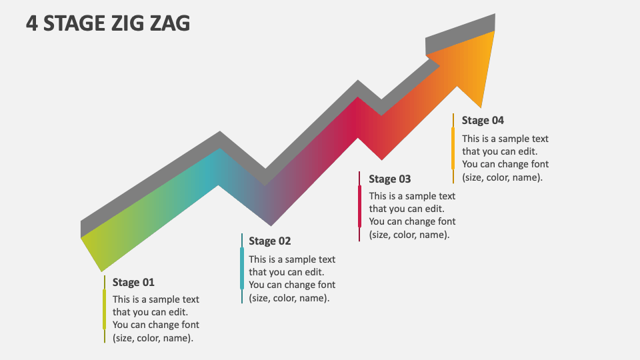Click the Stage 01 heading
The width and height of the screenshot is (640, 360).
click(133, 282)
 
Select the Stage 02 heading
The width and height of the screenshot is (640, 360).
click(270, 241)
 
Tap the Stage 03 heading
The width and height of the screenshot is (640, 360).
click(390, 179)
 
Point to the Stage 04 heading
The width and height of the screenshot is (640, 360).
click(483, 120)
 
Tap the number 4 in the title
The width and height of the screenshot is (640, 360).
click(31, 23)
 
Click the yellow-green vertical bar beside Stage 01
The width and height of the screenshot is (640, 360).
click(104, 309)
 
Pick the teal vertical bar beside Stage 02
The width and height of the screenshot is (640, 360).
click(241, 268)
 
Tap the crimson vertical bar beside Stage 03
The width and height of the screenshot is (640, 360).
click(359, 206)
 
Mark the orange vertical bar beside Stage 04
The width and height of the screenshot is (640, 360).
click(453, 148)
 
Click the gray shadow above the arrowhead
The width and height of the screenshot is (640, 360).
click(460, 33)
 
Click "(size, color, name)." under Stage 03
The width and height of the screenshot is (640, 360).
click(409, 234)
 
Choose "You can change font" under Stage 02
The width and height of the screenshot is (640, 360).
click(292, 285)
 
